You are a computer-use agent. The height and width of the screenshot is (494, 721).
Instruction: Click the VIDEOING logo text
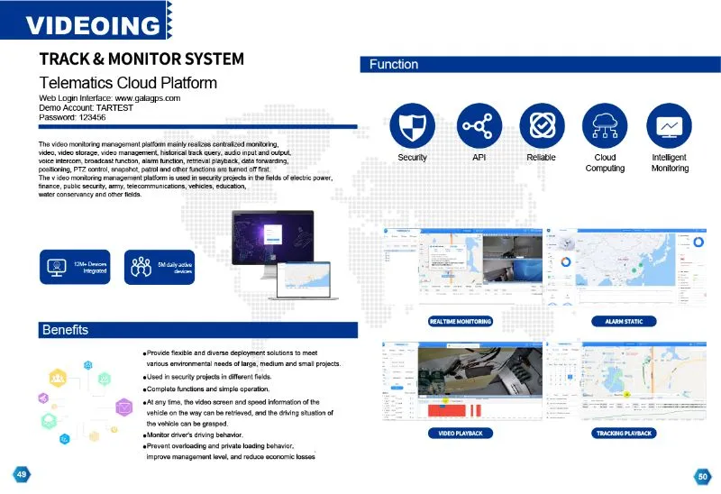pyautogui.click(x=92, y=24)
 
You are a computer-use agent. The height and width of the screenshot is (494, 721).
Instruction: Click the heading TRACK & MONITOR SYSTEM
pyautogui.click(x=141, y=59)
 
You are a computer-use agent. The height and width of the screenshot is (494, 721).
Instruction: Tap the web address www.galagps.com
pyautogui.click(x=143, y=97)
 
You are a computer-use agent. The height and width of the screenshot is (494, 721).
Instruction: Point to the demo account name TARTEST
pyautogui.click(x=109, y=107)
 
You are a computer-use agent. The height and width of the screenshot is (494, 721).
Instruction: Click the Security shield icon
pyautogui.click(x=412, y=125)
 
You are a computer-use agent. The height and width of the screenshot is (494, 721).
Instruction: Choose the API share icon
pyautogui.click(x=479, y=125)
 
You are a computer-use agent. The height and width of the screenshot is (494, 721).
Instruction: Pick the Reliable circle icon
pyautogui.click(x=541, y=125)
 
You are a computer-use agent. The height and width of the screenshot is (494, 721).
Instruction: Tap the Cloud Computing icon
pyautogui.click(x=605, y=125)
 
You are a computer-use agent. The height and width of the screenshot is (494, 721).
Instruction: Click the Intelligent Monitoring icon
pyautogui.click(x=669, y=125)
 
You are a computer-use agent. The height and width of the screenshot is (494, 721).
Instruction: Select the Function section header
pyautogui.click(x=394, y=64)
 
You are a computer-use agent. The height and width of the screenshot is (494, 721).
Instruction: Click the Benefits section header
pyautogui.click(x=65, y=329)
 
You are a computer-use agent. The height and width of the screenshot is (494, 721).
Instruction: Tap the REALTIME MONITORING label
pyautogui.click(x=460, y=322)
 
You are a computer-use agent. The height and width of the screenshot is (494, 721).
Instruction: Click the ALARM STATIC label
pyautogui.click(x=624, y=322)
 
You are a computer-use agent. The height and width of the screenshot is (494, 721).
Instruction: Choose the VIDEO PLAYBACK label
pyautogui.click(x=460, y=434)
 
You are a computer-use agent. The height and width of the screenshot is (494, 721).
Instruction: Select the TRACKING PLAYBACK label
pyautogui.click(x=624, y=434)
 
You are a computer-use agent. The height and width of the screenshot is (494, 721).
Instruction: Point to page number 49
pyautogui.click(x=20, y=474)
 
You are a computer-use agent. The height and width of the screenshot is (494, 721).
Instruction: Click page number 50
pyautogui.click(x=701, y=475)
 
